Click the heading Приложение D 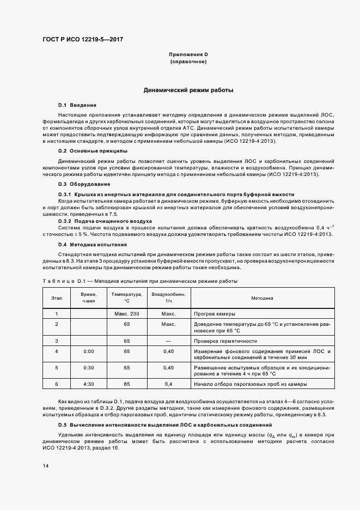coord(188,55)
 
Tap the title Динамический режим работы coord(188,90)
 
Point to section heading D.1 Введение coord(77,104)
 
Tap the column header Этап coord(57,298)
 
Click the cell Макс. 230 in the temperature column coord(127,314)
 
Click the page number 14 coord(46,466)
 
